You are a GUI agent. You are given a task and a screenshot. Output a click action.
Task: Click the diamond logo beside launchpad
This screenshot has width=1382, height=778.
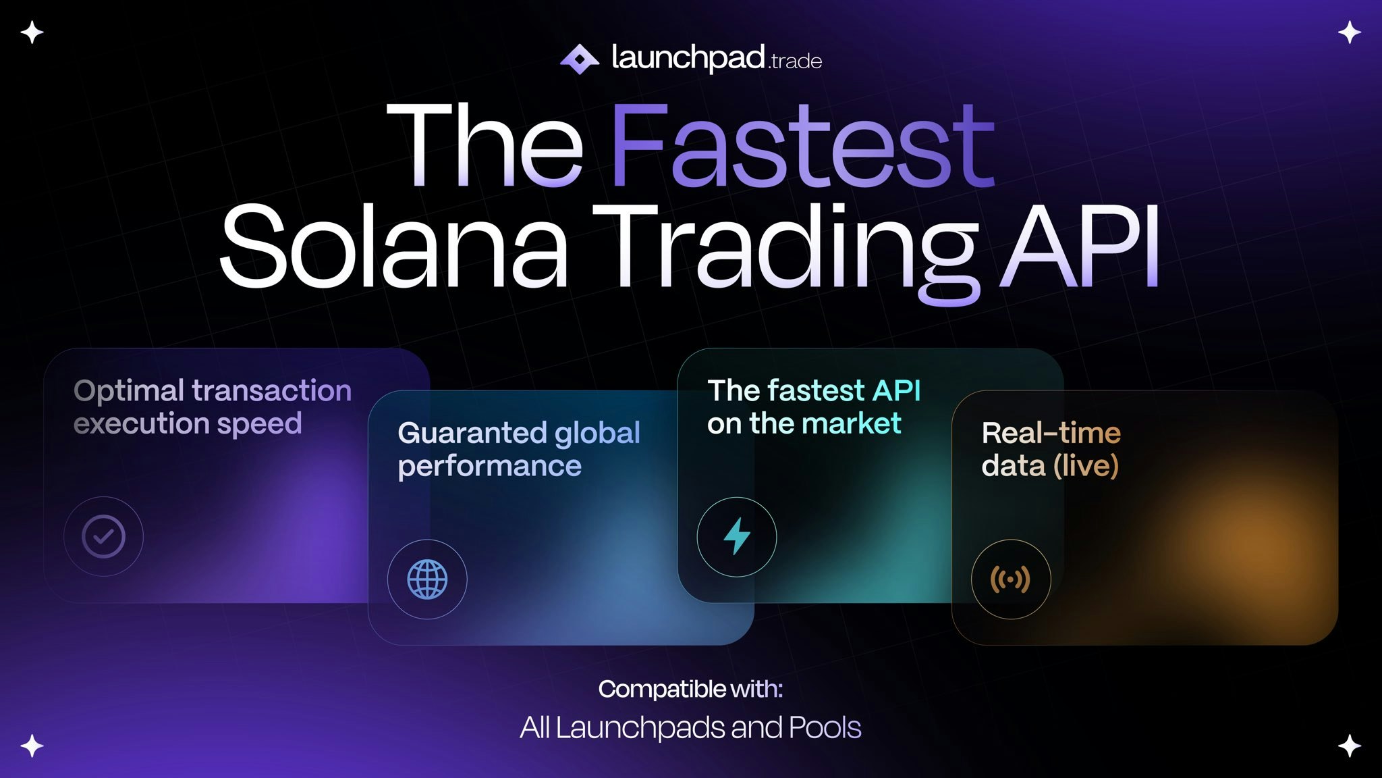click(x=579, y=59)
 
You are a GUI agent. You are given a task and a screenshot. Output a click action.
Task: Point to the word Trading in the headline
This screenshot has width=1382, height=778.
click(x=786, y=250)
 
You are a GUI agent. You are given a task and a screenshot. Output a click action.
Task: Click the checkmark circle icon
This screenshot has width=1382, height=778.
click(x=103, y=536)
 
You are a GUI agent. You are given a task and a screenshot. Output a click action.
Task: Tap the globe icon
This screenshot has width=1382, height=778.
click(x=427, y=579)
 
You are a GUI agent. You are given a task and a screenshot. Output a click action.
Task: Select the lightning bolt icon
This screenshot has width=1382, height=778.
click(x=736, y=536)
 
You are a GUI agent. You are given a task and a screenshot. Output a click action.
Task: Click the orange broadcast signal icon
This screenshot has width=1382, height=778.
click(x=1010, y=579)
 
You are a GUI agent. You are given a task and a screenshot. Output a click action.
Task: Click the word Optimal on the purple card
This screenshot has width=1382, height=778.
click(x=128, y=391)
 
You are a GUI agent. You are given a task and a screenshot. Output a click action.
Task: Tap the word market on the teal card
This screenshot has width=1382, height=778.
click(x=852, y=424)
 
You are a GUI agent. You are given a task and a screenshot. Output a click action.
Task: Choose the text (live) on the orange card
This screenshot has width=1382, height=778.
click(x=1086, y=466)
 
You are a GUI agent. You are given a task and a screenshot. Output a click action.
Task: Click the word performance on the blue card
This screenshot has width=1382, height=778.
click(x=489, y=467)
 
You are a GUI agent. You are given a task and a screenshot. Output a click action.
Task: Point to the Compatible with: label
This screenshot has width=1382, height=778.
click(x=690, y=689)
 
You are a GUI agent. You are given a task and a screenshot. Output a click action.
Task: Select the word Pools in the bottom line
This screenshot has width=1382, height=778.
click(x=825, y=727)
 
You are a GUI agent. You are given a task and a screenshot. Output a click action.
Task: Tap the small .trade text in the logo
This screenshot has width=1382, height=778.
click(x=795, y=62)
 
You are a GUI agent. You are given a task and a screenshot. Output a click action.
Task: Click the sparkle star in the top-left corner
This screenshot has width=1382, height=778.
click(x=32, y=32)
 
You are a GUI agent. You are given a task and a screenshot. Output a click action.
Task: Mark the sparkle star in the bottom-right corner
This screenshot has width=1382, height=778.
click(x=1349, y=746)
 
